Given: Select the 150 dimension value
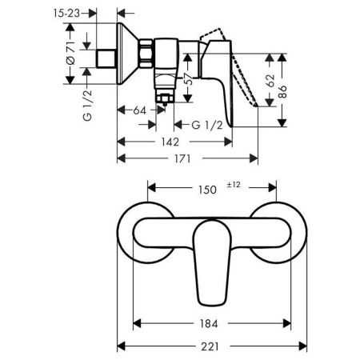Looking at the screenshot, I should click(207, 191).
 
